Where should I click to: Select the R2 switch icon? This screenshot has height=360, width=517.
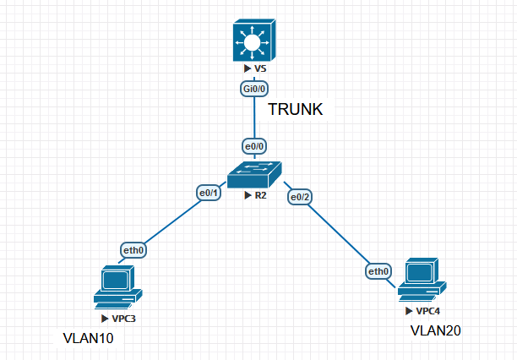[x=254, y=175]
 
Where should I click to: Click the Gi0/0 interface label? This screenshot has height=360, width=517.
[x=254, y=87]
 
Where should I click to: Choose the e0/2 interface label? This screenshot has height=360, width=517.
[x=300, y=197]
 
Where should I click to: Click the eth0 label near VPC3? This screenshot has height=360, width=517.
[x=133, y=251]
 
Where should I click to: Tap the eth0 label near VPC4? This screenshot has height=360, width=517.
[x=378, y=271]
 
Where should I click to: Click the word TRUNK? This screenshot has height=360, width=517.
[x=296, y=110]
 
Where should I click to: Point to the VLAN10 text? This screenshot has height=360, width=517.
[x=88, y=338]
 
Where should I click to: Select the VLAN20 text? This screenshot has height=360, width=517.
[x=436, y=330]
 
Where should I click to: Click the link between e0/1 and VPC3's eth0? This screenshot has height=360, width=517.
[x=170, y=223]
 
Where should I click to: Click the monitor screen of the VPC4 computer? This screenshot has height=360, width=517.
[x=419, y=272]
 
